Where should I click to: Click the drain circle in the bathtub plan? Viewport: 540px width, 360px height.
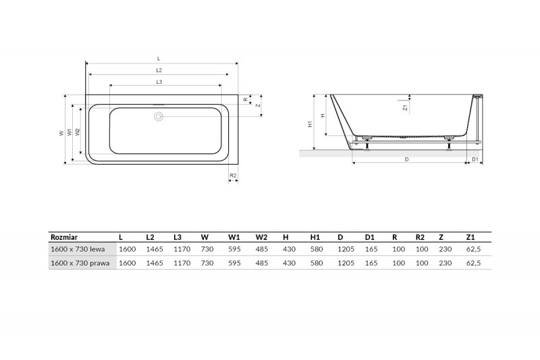coord(159,116)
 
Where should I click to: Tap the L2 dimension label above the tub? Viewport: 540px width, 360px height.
coord(159,70)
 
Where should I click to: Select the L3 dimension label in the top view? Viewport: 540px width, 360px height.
coord(159,82)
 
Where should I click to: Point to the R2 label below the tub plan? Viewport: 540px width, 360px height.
coord(233,176)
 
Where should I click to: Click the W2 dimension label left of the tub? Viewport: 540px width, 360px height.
coord(78,132)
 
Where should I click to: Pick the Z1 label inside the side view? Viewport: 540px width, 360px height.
coord(406,107)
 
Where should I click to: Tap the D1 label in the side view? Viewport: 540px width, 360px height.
coord(475,159)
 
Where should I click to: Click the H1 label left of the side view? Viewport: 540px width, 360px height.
coord(310,124)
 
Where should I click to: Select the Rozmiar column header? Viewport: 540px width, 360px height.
coord(64,237)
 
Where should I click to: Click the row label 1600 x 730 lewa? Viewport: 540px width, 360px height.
coord(78,249)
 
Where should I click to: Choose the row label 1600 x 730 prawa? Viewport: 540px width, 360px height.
coord(80,263)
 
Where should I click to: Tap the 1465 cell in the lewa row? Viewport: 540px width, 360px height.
coord(155,249)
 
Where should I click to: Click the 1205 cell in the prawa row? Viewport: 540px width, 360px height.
coord(346,263)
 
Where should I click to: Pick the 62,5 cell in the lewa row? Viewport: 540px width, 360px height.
coord(474,249)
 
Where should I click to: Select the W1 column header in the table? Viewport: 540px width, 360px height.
coord(234,237)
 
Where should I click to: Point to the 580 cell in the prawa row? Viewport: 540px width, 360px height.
coord(317,263)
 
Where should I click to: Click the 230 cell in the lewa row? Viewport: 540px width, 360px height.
coord(446,249)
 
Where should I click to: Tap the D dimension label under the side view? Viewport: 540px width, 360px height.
coord(407,159)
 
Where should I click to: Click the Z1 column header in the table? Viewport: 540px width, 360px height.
coord(470,237)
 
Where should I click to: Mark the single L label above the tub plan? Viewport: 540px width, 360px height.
coord(159,59)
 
